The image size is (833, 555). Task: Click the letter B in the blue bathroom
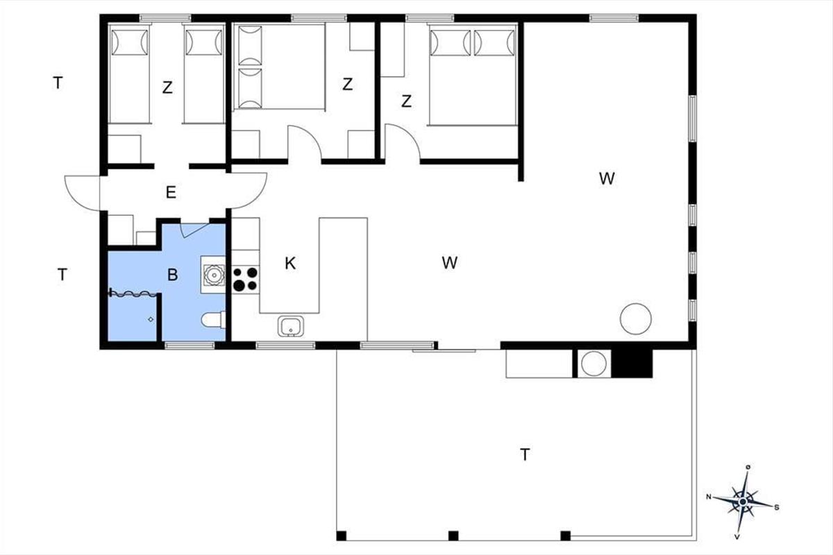click(x=172, y=275)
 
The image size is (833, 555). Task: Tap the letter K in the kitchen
click(x=290, y=264)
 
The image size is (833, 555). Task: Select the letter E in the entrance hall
click(x=171, y=193)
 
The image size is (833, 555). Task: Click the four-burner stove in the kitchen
click(x=246, y=279)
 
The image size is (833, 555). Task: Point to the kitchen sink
click(x=290, y=326)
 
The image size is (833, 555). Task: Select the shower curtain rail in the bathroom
click(x=133, y=293)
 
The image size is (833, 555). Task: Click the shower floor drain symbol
click(x=151, y=319)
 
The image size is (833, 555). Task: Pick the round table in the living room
click(x=636, y=319)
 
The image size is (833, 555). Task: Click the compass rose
click(x=743, y=502)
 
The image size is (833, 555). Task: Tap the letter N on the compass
click(x=709, y=497)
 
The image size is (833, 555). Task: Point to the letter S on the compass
click(x=777, y=507)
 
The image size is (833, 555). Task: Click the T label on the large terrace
click(x=525, y=454)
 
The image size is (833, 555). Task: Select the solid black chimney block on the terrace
click(x=632, y=364)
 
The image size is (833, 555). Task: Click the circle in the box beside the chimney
click(x=594, y=364)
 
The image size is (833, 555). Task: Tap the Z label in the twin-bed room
click(x=167, y=87)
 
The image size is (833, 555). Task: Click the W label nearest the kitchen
click(x=450, y=263)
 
